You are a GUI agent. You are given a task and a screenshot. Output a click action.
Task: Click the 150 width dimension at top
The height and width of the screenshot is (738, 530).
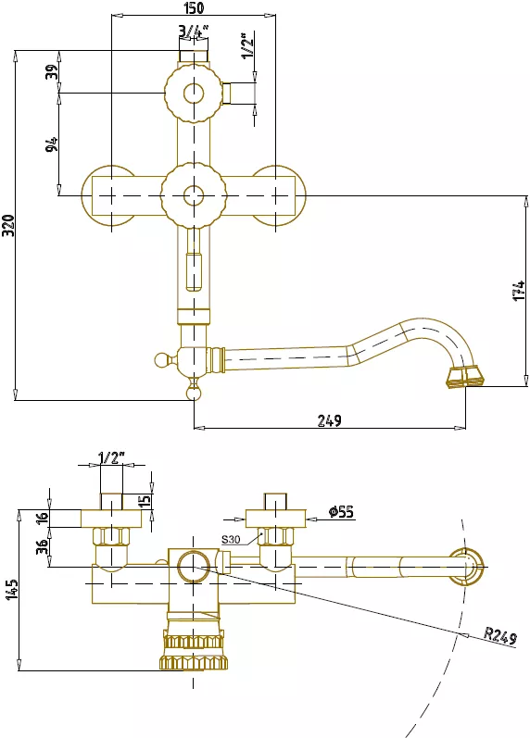click(193, 7)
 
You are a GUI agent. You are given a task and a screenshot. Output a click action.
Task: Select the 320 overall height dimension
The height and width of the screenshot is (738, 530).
click(9, 225)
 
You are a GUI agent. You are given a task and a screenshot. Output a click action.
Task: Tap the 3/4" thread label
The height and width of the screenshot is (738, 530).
click(193, 31)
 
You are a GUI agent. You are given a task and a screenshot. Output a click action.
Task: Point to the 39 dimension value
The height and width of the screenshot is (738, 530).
click(52, 71)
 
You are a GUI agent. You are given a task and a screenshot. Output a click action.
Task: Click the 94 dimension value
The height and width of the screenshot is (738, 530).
click(52, 144)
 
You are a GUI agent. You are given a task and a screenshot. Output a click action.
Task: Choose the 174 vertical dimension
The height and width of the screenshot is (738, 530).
click(519, 291)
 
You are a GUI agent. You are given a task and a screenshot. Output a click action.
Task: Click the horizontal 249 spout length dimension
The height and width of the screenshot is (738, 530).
click(329, 420)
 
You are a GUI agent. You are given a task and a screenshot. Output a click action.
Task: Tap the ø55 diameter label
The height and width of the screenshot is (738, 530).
click(341, 511)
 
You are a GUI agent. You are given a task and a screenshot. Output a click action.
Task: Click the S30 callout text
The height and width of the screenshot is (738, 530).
click(231, 540)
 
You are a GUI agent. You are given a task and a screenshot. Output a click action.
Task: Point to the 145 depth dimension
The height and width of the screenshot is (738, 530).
click(13, 589)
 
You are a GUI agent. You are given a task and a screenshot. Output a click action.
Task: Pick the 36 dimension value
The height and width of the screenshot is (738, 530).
click(43, 546)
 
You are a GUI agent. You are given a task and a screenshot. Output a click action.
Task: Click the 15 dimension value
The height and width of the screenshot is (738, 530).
click(146, 499)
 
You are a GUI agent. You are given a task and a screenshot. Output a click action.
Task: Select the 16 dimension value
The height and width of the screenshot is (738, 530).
click(43, 517)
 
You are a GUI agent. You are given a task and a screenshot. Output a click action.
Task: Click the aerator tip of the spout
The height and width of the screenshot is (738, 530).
click(465, 377)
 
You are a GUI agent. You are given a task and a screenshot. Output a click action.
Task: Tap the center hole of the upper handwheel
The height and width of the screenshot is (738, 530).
click(193, 94)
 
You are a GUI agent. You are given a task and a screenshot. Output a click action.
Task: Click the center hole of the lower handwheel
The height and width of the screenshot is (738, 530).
click(193, 195)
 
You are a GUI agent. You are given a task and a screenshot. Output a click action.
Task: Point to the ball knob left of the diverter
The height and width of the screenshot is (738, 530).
click(161, 360)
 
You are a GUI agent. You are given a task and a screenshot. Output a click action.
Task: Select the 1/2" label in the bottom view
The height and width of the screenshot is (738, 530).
click(112, 457)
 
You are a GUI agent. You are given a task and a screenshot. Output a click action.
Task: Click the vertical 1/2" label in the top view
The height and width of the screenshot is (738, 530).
click(247, 45)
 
